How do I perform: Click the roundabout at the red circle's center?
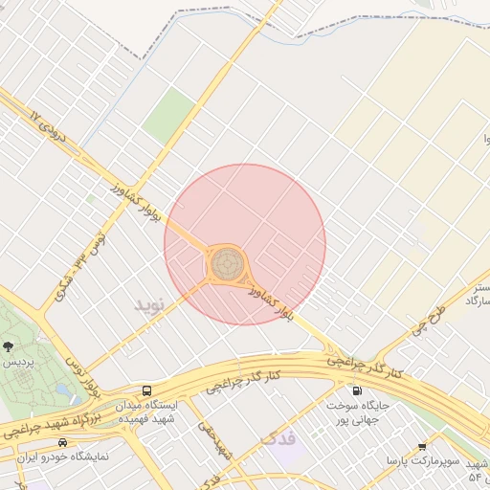point(228,261)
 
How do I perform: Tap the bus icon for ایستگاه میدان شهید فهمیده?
point(146,390)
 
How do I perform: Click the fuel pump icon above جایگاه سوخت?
point(356,390)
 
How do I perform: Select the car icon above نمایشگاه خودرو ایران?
point(63,443)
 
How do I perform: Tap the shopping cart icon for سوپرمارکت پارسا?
point(422,446)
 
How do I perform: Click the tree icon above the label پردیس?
point(9,346)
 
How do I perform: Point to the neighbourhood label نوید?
point(149,304)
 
